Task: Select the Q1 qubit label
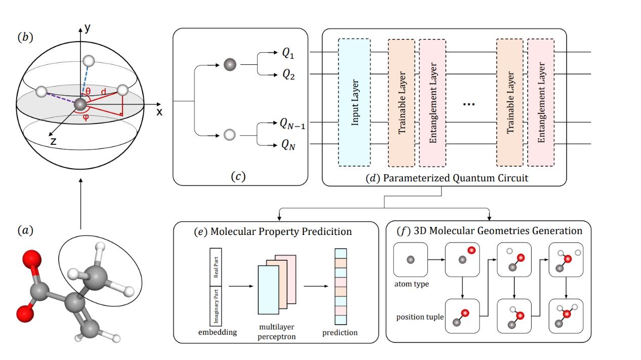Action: click(288, 52)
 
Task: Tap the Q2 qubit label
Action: click(288, 75)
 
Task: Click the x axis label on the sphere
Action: click(159, 112)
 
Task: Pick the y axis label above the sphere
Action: click(88, 29)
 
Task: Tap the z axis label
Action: click(53, 141)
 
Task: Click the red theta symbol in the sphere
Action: click(88, 92)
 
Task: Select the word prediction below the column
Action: click(340, 333)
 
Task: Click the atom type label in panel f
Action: click(411, 284)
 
